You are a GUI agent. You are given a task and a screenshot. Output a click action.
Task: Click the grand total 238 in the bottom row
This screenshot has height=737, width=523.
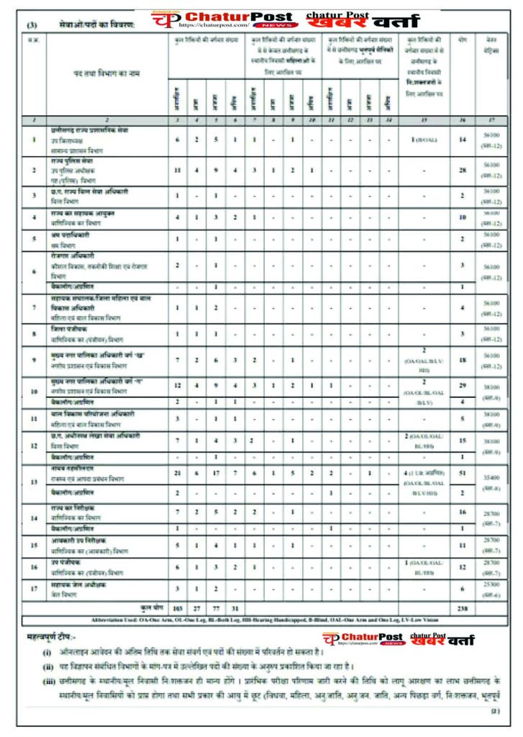tap(463, 607)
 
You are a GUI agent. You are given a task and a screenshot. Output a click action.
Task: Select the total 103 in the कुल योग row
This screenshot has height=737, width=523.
tap(178, 607)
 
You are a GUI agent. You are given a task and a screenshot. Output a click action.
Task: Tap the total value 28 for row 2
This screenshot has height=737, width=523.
tap(463, 170)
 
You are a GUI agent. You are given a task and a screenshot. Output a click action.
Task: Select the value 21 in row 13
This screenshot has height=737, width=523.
tap(178, 472)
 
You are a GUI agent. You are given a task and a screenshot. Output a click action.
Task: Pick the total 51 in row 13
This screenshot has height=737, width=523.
tap(463, 472)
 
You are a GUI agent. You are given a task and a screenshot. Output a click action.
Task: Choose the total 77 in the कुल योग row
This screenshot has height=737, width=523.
tap(216, 607)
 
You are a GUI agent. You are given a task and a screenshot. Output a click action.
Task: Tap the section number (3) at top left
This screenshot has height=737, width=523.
tap(32, 25)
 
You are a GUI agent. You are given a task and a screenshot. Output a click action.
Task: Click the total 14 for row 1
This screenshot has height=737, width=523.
tap(463, 138)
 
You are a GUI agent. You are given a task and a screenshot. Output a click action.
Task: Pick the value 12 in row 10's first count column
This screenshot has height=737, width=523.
tap(178, 386)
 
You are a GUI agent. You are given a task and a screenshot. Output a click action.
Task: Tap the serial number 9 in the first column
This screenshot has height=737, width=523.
tap(34, 359)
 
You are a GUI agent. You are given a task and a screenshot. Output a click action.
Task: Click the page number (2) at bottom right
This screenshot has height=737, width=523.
tap(495, 711)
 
